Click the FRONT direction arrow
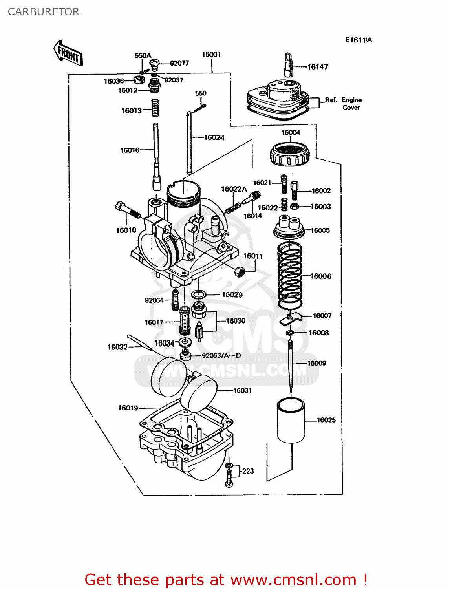[x=68, y=53]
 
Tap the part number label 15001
[x=211, y=55]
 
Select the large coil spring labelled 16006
[x=290, y=275]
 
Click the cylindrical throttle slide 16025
[x=291, y=420]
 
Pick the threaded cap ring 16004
[x=290, y=154]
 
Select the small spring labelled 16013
[x=155, y=108]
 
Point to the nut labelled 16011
[x=239, y=271]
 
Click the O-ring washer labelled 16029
[x=199, y=294]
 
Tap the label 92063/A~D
[x=221, y=356]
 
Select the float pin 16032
[x=139, y=342]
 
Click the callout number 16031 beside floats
[x=242, y=391]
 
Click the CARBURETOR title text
[x=44, y=12]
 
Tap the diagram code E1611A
[x=359, y=40]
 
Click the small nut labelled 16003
[x=295, y=207]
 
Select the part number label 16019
[x=128, y=408]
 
